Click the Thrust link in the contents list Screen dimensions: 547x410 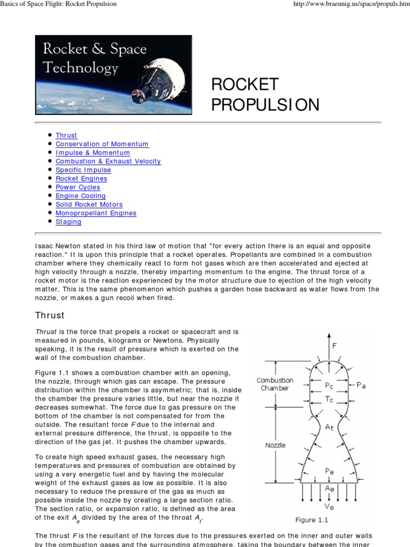(x=66, y=136)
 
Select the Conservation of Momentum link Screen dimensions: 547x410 (x=102, y=144)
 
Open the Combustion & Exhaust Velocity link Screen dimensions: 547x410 (x=108, y=161)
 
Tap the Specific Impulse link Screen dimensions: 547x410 (x=83, y=170)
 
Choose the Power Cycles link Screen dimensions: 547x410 (x=78, y=187)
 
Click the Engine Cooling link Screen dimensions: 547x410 (x=81, y=196)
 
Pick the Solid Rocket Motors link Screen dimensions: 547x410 (x=89, y=205)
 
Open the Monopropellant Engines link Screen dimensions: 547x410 (x=96, y=213)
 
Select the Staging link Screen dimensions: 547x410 (x=68, y=222)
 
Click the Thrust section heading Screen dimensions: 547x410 (x=50, y=315)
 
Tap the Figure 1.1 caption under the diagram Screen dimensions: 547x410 (x=312, y=520)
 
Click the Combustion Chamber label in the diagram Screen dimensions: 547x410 (x=275, y=384)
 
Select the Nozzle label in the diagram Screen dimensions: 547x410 (x=275, y=445)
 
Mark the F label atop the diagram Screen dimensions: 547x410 (x=335, y=346)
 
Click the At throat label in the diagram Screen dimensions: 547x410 (x=330, y=427)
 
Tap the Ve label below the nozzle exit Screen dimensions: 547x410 (x=330, y=506)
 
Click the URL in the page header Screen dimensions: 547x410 (x=352, y=4)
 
